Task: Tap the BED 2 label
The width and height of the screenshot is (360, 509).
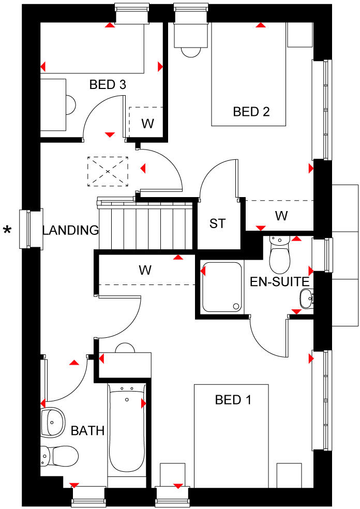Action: (x=251, y=111)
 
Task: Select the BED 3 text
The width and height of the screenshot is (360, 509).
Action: (x=108, y=84)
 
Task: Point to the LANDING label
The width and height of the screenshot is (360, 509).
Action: (x=70, y=230)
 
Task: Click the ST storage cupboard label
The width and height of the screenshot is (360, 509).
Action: (x=218, y=223)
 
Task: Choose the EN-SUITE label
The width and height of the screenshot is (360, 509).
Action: (x=279, y=282)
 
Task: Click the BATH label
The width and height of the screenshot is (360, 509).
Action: (x=88, y=430)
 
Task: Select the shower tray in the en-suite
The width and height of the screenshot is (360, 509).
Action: (x=221, y=287)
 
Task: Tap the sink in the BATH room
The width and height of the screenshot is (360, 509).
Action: (x=53, y=422)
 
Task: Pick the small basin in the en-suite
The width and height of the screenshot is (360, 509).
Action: (x=306, y=297)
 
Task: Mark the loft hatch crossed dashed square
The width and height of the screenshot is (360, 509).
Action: (x=108, y=171)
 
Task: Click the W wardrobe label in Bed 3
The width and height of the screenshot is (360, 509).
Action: (x=148, y=124)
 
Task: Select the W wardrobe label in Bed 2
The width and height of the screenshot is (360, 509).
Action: (x=281, y=216)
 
